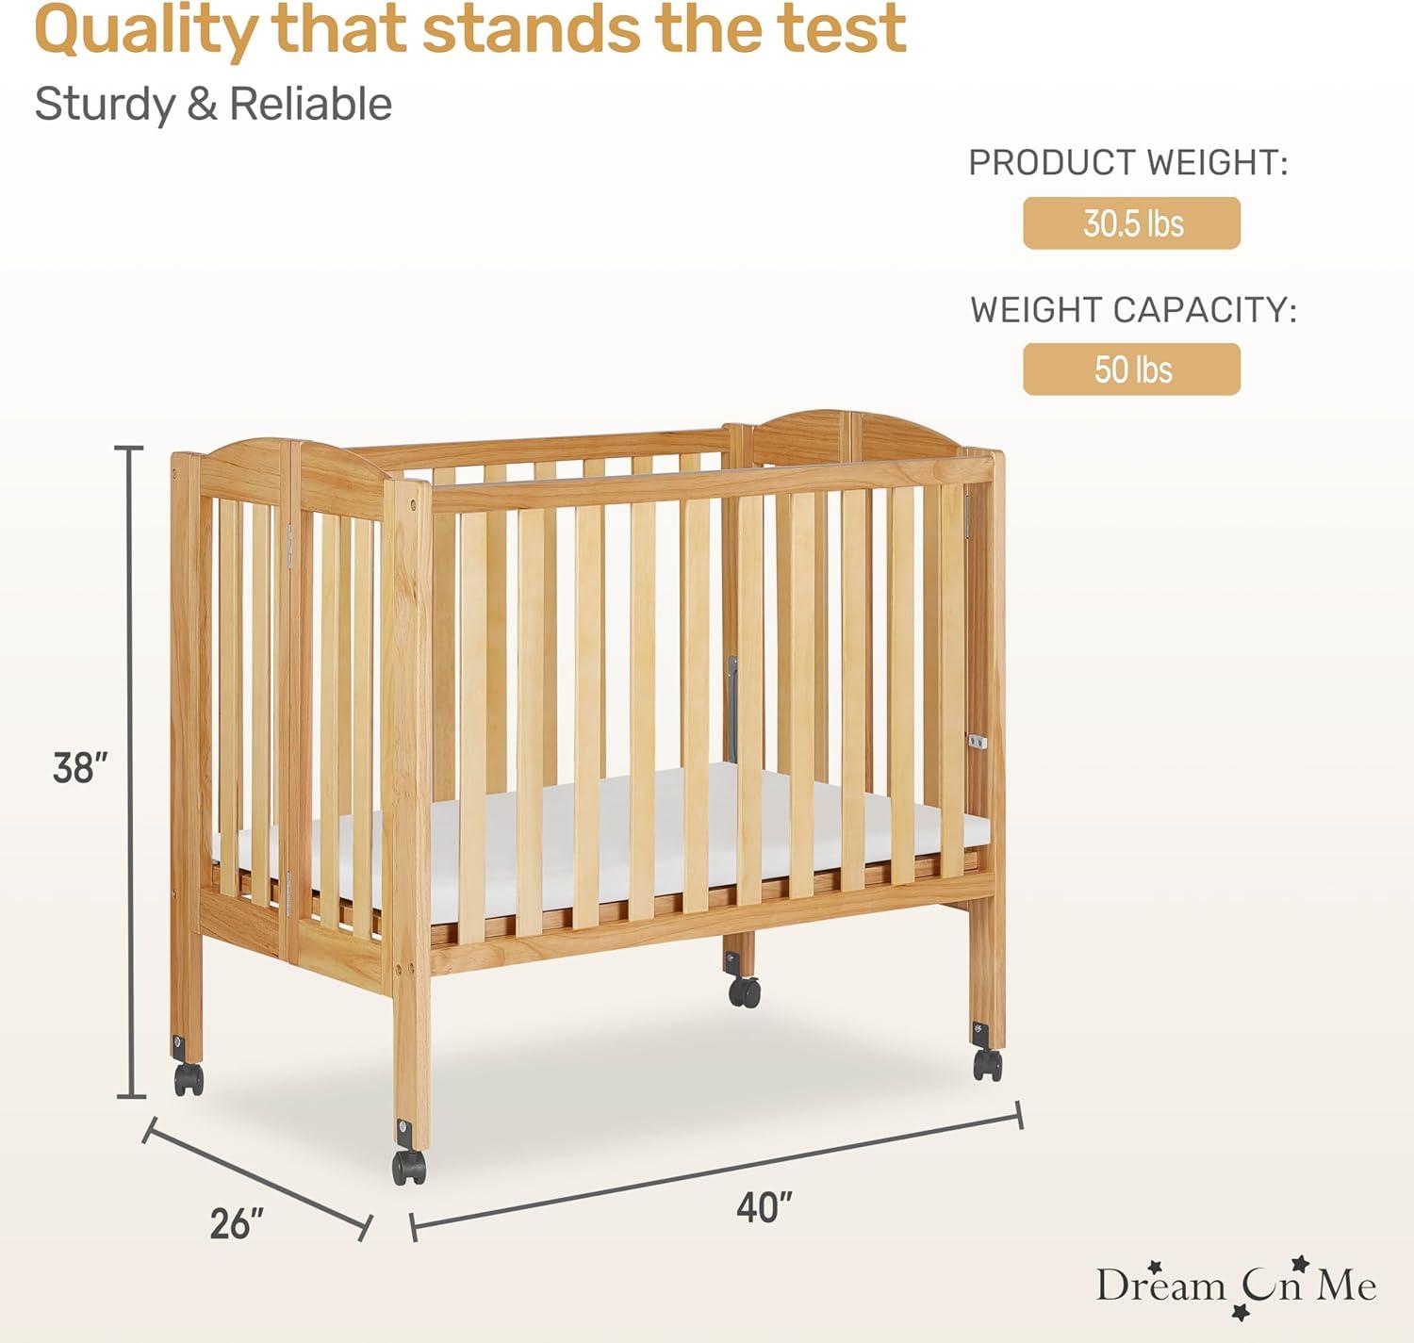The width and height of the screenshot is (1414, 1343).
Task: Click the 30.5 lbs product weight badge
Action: click(x=1131, y=223)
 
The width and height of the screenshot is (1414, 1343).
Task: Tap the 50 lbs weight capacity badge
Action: click(x=1131, y=369)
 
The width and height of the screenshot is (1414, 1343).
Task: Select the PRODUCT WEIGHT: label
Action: click(x=1127, y=163)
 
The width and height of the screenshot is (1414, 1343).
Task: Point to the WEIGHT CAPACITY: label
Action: click(x=1133, y=310)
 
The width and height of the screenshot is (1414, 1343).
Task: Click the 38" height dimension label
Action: click(x=80, y=768)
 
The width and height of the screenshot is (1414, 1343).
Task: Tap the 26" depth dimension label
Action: click(x=237, y=1223)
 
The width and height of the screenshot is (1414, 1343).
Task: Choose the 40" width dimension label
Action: click(x=764, y=1206)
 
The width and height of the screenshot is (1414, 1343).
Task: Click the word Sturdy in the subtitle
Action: click(x=104, y=104)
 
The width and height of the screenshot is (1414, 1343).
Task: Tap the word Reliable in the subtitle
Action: click(x=310, y=104)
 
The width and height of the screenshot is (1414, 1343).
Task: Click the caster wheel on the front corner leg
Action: click(x=409, y=1166)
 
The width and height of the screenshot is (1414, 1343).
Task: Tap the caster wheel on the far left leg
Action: click(x=189, y=1078)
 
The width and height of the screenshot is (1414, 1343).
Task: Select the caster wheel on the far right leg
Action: click(x=987, y=1064)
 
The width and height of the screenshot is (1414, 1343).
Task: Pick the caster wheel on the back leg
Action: click(x=744, y=991)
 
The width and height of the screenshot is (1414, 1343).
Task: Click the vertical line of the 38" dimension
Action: click(x=130, y=773)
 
